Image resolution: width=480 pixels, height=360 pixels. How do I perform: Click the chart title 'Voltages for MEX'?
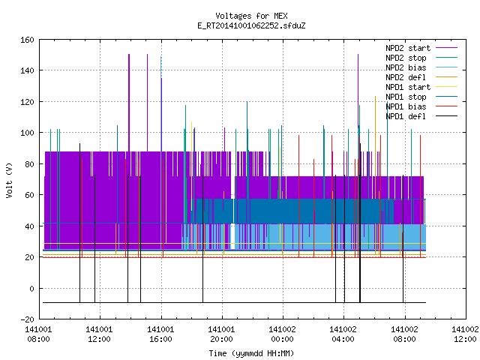coord(251,16)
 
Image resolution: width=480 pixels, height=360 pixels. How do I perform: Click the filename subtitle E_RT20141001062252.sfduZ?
coord(251,25)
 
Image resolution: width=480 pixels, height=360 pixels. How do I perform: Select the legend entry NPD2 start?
coord(408,48)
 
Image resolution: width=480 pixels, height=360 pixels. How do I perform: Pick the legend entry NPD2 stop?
coord(406,58)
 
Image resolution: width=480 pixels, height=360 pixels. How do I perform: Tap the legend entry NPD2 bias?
coord(406,67)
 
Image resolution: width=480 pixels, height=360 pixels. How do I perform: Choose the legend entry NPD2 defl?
coord(406,77)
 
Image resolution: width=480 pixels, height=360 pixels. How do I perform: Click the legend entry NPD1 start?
coord(408,87)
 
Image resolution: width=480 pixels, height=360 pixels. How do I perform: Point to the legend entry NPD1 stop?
coord(406,97)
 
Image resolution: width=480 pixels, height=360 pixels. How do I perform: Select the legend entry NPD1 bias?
coord(406,106)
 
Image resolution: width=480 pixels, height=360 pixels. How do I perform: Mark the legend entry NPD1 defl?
coord(406,117)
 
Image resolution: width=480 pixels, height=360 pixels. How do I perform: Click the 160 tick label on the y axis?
coord(27,40)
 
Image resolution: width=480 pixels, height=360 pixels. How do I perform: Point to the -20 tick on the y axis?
coord(27,319)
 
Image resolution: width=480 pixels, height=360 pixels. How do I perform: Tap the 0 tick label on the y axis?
coord(31,288)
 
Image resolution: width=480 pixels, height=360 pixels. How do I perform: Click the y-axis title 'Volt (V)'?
coord(10,181)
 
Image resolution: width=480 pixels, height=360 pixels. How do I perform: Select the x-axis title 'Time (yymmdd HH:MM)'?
coord(251,353)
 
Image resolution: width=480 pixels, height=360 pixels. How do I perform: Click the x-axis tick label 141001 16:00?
coord(160,334)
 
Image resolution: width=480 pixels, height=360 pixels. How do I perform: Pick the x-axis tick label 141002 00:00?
coord(282,334)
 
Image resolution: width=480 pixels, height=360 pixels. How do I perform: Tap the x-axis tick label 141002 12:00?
coord(465,334)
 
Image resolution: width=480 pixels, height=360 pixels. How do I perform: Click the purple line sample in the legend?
coord(446,48)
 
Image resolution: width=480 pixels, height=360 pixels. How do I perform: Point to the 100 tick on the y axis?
coord(27,133)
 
